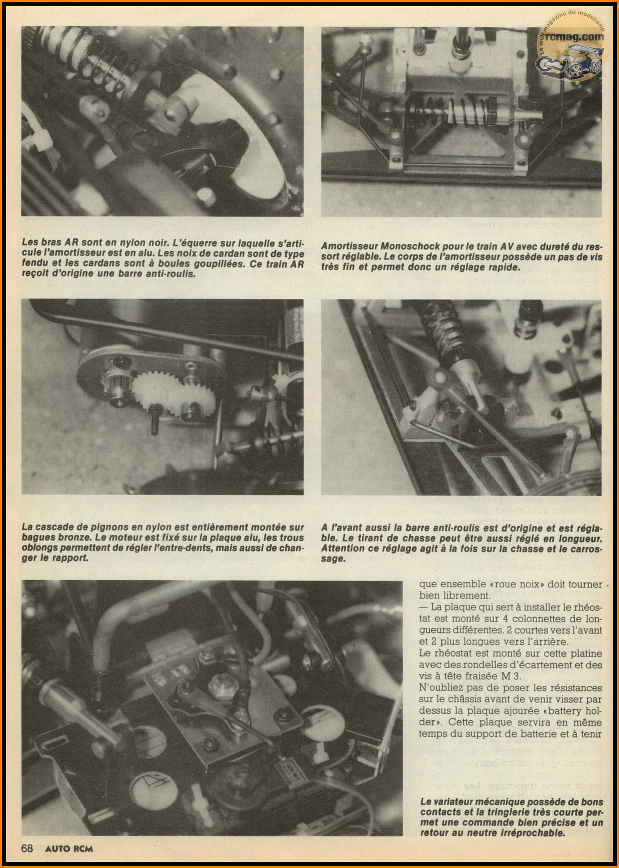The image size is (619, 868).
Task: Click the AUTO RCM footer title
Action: coord(69,848)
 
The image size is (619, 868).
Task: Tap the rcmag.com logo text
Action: coord(574,36)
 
